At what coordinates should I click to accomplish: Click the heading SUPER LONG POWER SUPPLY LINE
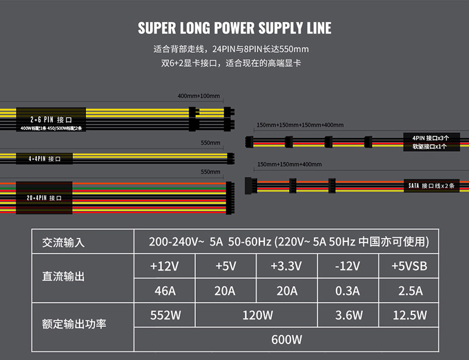[x=235, y=28]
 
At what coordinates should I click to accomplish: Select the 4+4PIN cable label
[x=45, y=159]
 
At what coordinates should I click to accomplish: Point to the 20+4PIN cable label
[x=45, y=197]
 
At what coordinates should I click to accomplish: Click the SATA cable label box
[x=432, y=186]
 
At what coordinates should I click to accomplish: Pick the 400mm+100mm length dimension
[x=198, y=96]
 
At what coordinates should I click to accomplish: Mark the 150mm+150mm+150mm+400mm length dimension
[x=300, y=125]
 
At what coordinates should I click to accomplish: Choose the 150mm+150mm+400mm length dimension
[x=289, y=164]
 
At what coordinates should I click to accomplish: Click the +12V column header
[x=164, y=266]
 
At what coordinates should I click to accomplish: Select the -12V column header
[x=347, y=266]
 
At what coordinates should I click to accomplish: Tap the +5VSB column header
[x=409, y=266]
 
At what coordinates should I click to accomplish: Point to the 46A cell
[x=164, y=291]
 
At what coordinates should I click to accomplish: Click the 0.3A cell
[x=347, y=291]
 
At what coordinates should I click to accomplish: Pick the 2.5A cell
[x=409, y=291]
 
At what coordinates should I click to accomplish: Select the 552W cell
[x=164, y=315]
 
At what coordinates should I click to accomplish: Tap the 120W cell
[x=257, y=315]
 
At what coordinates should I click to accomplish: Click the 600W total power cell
[x=286, y=340]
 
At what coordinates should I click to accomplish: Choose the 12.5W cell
[x=409, y=315]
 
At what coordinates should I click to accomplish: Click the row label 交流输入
[x=64, y=243]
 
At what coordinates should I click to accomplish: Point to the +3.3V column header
[x=286, y=266]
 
